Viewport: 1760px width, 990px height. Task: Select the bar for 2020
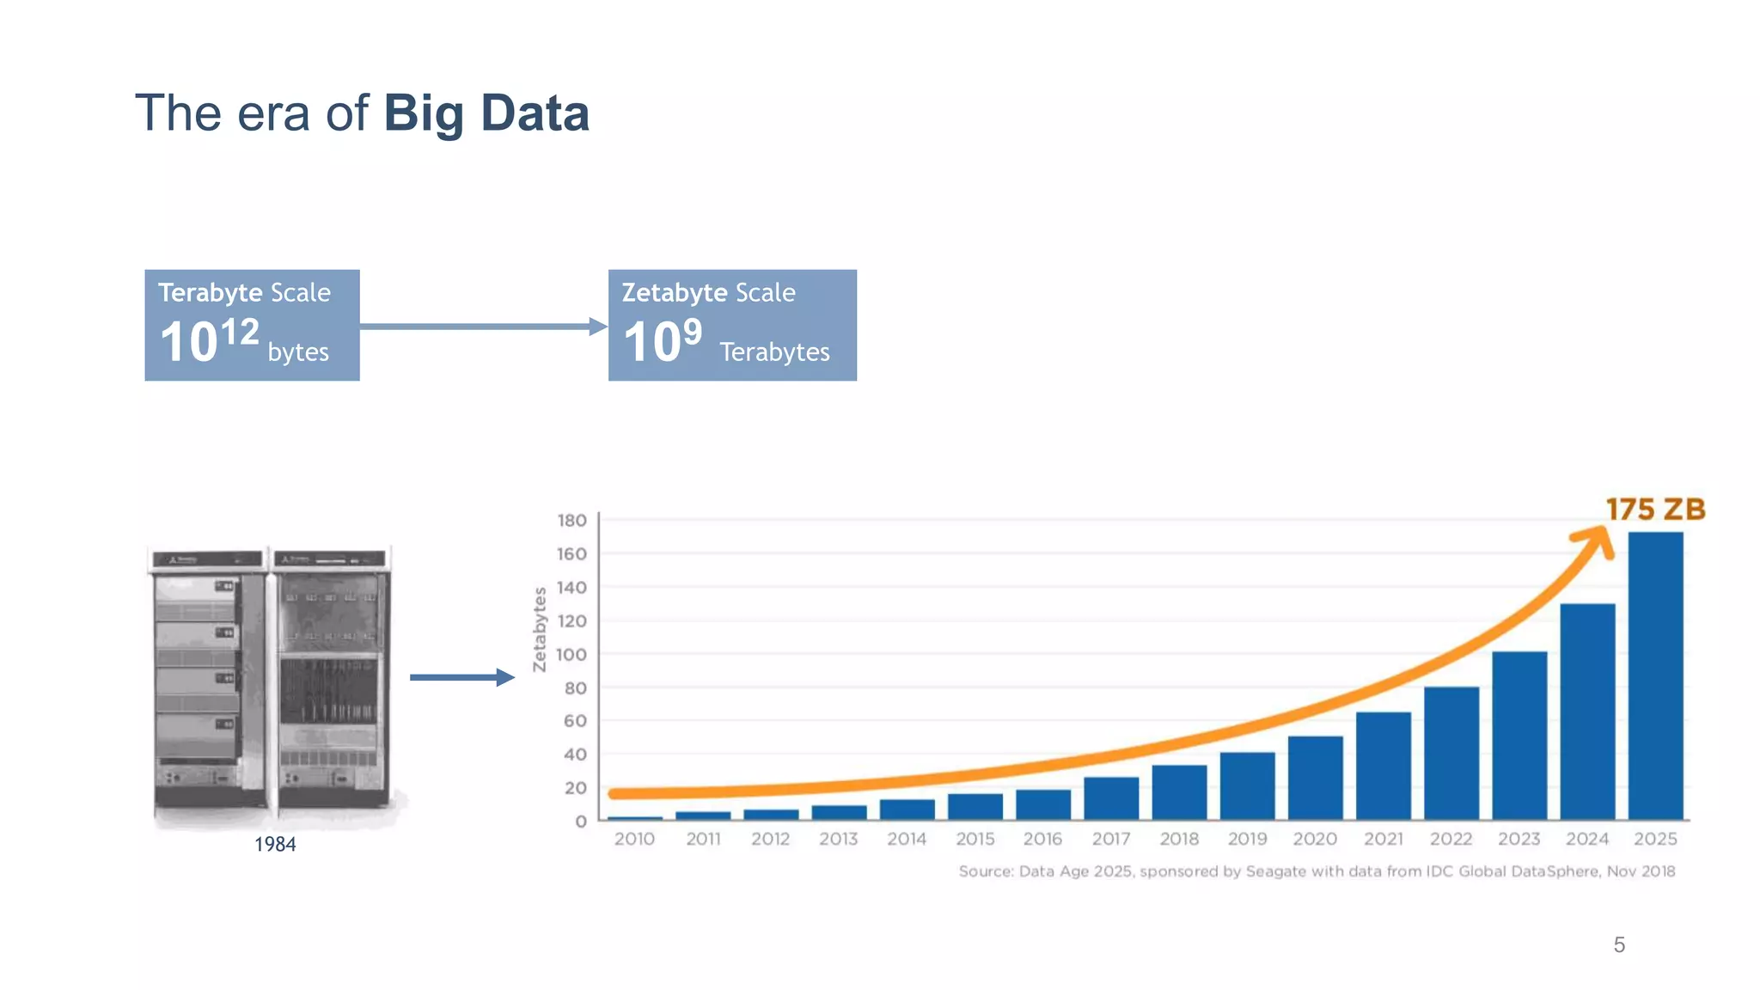click(1315, 778)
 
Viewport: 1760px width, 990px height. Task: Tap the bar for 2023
click(1519, 736)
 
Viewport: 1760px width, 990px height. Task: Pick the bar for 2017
click(1111, 798)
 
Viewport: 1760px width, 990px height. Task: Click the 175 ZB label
click(1655, 510)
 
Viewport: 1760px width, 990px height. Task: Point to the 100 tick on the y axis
click(571, 655)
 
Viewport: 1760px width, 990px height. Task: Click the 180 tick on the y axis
click(571, 521)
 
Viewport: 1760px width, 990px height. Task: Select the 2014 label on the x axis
click(907, 839)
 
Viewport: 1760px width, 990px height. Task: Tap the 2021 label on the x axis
click(1383, 839)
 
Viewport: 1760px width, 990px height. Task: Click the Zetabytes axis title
click(540, 629)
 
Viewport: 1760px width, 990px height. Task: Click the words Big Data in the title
click(486, 113)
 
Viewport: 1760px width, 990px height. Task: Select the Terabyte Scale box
click(252, 325)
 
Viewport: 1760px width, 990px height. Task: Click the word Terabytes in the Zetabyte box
click(774, 352)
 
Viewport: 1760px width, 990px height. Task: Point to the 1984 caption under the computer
click(275, 845)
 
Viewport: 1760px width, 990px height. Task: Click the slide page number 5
click(1619, 945)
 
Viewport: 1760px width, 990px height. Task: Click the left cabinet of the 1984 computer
click(209, 679)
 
